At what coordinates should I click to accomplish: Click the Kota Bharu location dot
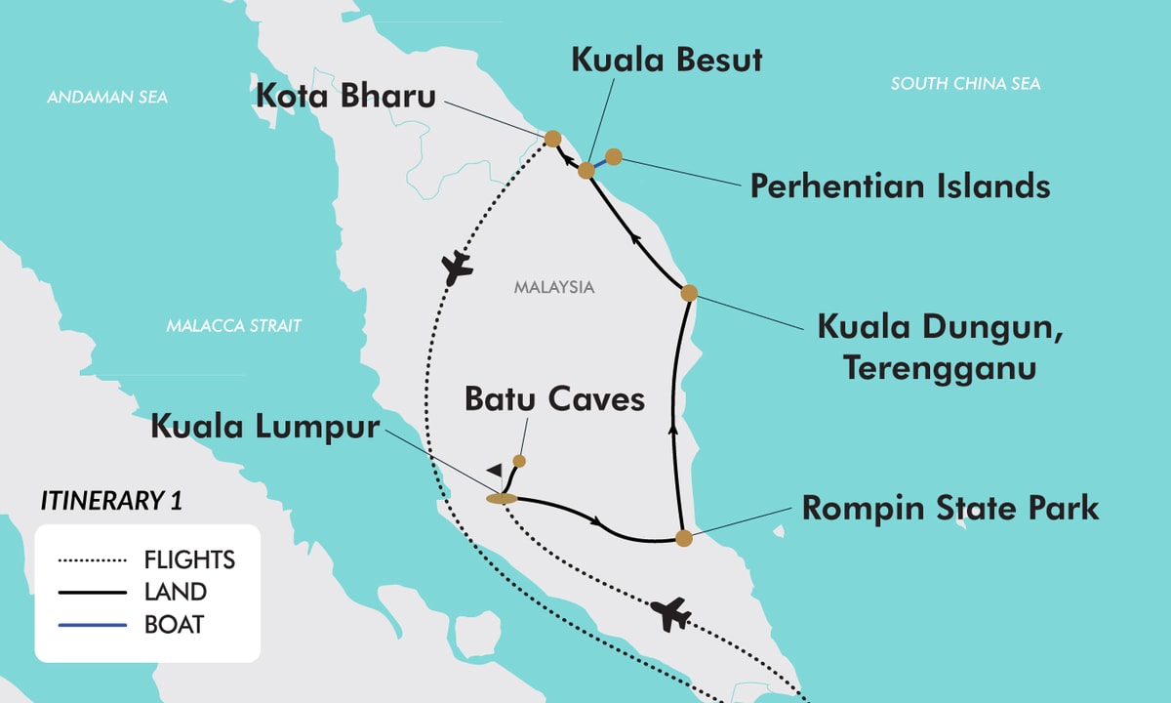(x=552, y=139)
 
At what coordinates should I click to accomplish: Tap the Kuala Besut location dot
(x=586, y=171)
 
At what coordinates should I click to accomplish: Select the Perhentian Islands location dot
(x=614, y=156)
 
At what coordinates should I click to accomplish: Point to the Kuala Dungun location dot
(x=688, y=292)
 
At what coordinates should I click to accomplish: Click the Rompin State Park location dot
(x=684, y=537)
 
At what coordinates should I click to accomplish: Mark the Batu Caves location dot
(x=519, y=460)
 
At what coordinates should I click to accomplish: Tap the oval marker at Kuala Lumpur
(x=501, y=499)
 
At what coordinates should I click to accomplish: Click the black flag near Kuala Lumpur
(x=496, y=471)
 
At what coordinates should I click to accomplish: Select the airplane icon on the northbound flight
(x=456, y=267)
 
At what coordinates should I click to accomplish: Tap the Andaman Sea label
(x=107, y=98)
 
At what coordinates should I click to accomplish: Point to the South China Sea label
(x=965, y=84)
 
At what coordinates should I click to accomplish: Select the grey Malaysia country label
(x=554, y=288)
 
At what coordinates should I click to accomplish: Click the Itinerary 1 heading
(x=111, y=501)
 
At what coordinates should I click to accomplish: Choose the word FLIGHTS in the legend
(x=189, y=559)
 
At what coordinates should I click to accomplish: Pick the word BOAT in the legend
(x=174, y=623)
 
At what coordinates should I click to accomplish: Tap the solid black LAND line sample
(x=93, y=592)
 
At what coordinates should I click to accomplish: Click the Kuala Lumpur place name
(x=264, y=428)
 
